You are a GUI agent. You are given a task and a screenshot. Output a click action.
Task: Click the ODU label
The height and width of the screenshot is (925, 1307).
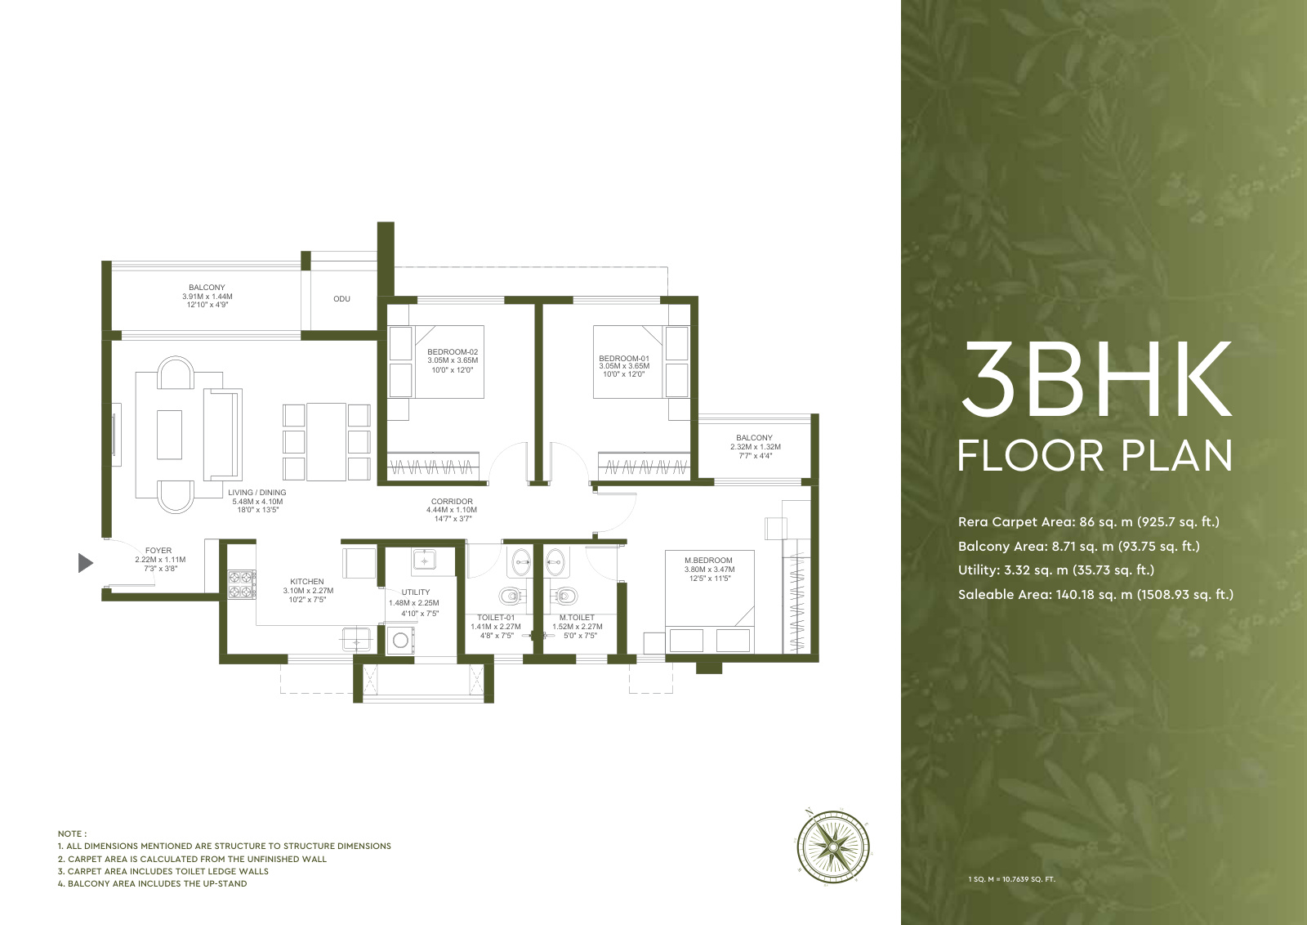(x=342, y=299)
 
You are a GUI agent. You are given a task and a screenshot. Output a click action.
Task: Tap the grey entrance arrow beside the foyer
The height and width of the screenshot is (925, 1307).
(x=85, y=563)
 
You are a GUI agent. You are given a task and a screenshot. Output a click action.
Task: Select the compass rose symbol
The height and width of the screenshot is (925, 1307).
(x=832, y=847)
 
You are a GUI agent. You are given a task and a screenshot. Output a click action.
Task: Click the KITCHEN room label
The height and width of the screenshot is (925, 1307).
(x=307, y=581)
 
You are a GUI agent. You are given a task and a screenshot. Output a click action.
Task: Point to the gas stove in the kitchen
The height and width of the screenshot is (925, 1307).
(x=242, y=584)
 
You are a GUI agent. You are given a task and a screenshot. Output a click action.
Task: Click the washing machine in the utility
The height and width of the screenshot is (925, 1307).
(x=400, y=640)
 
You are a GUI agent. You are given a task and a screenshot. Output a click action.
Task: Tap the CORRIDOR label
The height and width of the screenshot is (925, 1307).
(x=452, y=501)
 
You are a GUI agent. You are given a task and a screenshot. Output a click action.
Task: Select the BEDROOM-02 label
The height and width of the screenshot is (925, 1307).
(x=453, y=352)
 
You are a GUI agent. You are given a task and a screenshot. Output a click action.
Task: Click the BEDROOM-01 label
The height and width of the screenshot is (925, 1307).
(x=624, y=359)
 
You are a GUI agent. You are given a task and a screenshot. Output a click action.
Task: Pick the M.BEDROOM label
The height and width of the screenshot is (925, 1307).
(x=708, y=561)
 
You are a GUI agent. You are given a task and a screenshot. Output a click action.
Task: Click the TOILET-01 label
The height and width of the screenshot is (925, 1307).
(x=496, y=618)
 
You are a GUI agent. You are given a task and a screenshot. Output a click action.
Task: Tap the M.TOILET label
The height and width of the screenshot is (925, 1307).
(x=577, y=618)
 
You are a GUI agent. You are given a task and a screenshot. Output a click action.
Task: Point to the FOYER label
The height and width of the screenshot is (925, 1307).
(x=158, y=550)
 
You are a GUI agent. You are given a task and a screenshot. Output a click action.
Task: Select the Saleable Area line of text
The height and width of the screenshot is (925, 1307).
(x=1095, y=595)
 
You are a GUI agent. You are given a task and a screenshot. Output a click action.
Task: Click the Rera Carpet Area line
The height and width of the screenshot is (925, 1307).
(x=1089, y=521)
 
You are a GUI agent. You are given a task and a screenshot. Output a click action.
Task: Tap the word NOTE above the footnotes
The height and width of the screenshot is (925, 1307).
(x=72, y=833)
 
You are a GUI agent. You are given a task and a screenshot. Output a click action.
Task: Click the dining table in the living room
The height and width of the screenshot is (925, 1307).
(x=326, y=442)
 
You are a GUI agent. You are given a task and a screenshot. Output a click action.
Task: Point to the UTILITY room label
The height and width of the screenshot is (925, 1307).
(x=416, y=592)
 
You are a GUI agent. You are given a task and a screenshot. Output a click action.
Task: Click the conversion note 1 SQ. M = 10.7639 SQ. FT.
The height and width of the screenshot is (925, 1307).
(x=1012, y=879)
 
